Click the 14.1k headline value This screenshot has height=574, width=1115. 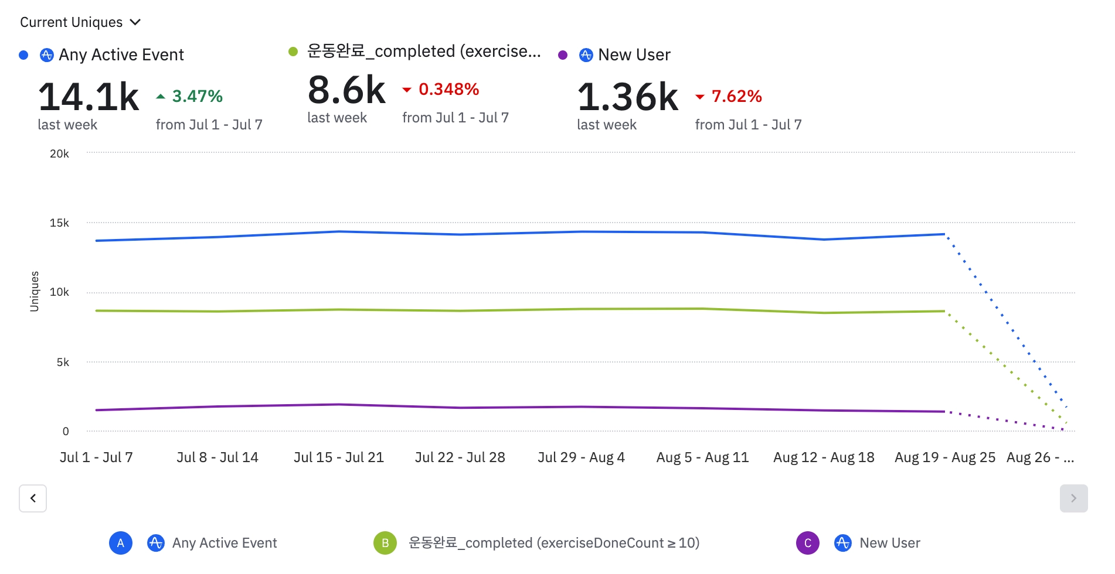[x=89, y=97]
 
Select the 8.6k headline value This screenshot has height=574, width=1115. [x=346, y=90]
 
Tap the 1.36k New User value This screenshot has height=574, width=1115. [x=628, y=97]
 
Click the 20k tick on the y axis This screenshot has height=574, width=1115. [x=59, y=154]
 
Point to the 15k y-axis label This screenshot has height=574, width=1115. [x=59, y=223]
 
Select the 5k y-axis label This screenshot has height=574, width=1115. [x=63, y=363]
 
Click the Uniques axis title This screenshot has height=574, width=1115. [x=35, y=291]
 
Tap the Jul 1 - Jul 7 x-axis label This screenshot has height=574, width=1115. [x=96, y=457]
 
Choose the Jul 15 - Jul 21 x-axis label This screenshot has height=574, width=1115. [x=339, y=457]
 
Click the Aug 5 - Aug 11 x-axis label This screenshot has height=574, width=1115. [x=702, y=457]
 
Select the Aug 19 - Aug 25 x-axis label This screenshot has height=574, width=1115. [x=944, y=457]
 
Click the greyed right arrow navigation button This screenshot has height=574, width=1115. [x=1073, y=498]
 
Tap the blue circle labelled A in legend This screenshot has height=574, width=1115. [x=121, y=543]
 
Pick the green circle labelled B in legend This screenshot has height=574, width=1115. [x=385, y=543]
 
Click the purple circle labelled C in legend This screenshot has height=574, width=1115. [x=807, y=543]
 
